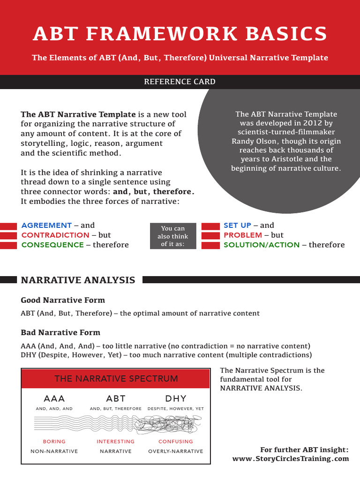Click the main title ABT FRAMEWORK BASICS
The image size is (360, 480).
click(180, 34)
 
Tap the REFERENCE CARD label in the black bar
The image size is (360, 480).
click(180, 82)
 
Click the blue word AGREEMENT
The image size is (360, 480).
click(46, 225)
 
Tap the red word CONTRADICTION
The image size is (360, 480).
click(55, 235)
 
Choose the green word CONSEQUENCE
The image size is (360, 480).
click(52, 245)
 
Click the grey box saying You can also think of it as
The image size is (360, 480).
click(173, 236)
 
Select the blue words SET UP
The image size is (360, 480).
click(238, 225)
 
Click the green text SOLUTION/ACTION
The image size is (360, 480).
click(262, 245)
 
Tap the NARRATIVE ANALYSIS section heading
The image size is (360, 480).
click(78, 280)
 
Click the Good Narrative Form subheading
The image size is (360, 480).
click(63, 300)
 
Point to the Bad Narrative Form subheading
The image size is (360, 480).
click(60, 332)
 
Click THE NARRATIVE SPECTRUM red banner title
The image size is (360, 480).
click(116, 379)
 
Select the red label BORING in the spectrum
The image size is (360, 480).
click(54, 442)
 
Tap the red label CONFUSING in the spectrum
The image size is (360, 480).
click(176, 442)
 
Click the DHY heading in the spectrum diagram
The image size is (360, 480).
click(176, 399)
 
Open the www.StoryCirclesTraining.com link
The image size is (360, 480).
click(291, 459)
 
